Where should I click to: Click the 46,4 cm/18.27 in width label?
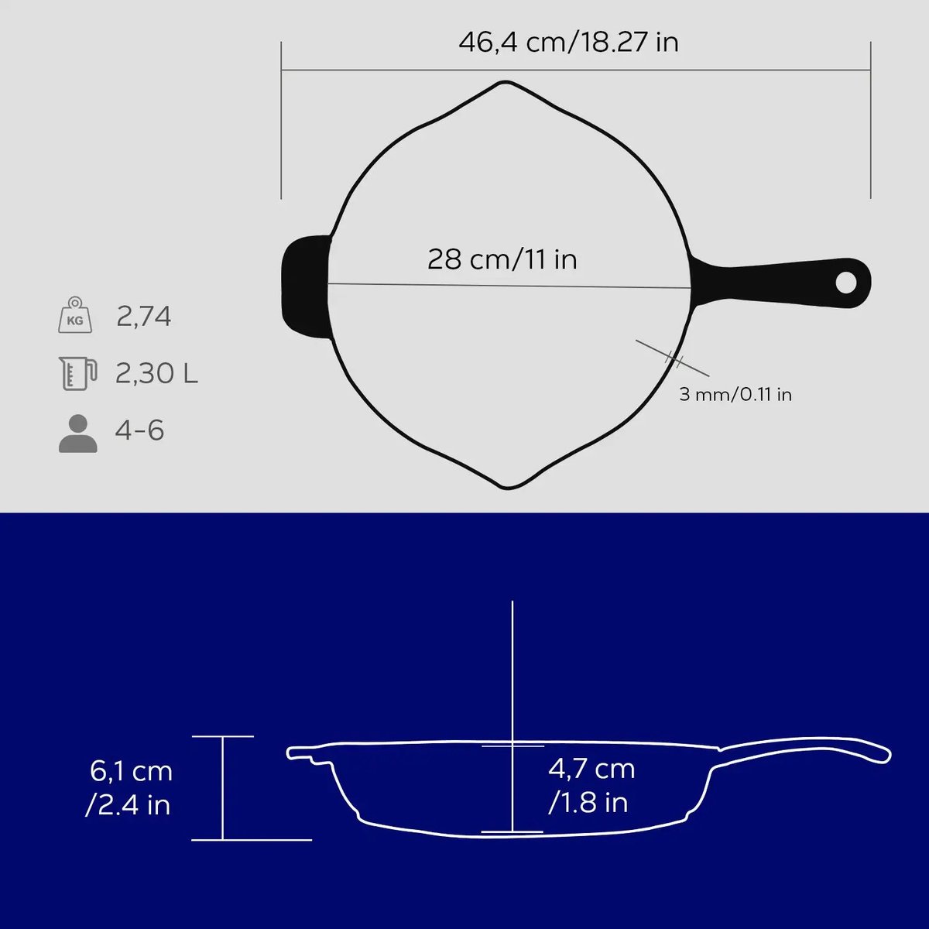pyautogui.click(x=568, y=43)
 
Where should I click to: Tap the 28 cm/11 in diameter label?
pyautogui.click(x=502, y=259)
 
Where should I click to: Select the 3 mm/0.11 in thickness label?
pyautogui.click(x=735, y=394)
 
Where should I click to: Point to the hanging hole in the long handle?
pyautogui.click(x=845, y=283)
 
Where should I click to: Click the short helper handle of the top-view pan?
pyautogui.click(x=305, y=286)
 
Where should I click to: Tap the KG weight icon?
pyautogui.click(x=75, y=315)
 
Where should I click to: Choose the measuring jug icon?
pyautogui.click(x=77, y=373)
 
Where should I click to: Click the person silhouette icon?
pyautogui.click(x=78, y=434)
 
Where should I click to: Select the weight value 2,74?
pyautogui.click(x=144, y=317)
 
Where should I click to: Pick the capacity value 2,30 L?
pyautogui.click(x=156, y=373)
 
